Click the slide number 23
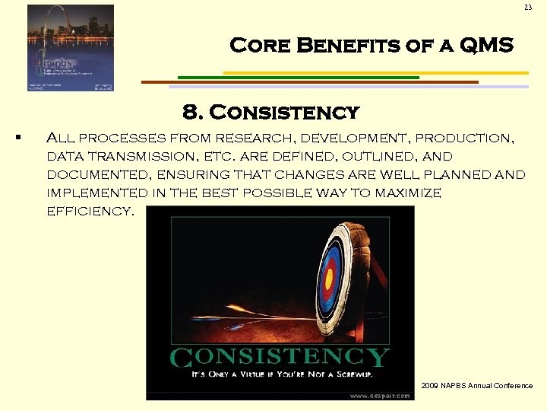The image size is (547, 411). point(527,8)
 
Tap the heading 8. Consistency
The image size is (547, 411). point(270,113)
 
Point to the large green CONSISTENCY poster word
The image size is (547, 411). point(280,357)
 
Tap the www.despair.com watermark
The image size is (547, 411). point(380,395)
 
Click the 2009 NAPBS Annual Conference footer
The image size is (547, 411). point(477,386)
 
